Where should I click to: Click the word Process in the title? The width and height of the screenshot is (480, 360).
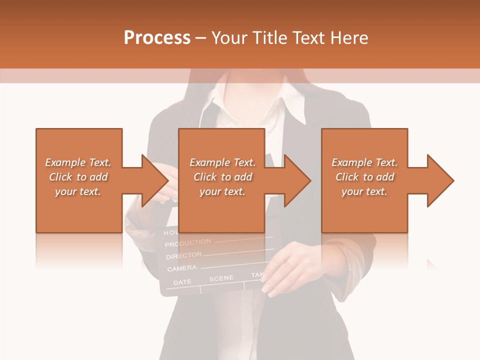point(157,38)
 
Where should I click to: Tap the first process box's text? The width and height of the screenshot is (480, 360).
point(78,177)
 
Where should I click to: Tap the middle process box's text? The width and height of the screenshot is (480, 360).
point(222,177)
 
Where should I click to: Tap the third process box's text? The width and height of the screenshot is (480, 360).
point(364,177)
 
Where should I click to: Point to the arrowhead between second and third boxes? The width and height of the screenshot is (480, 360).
point(297,180)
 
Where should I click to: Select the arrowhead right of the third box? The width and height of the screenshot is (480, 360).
point(440,180)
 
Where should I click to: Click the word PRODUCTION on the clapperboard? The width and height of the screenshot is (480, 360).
point(187,243)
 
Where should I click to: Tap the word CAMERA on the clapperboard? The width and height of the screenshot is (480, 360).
point(181,268)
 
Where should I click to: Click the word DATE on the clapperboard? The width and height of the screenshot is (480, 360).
point(182,282)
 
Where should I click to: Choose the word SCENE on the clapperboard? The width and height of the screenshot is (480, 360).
point(221,278)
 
